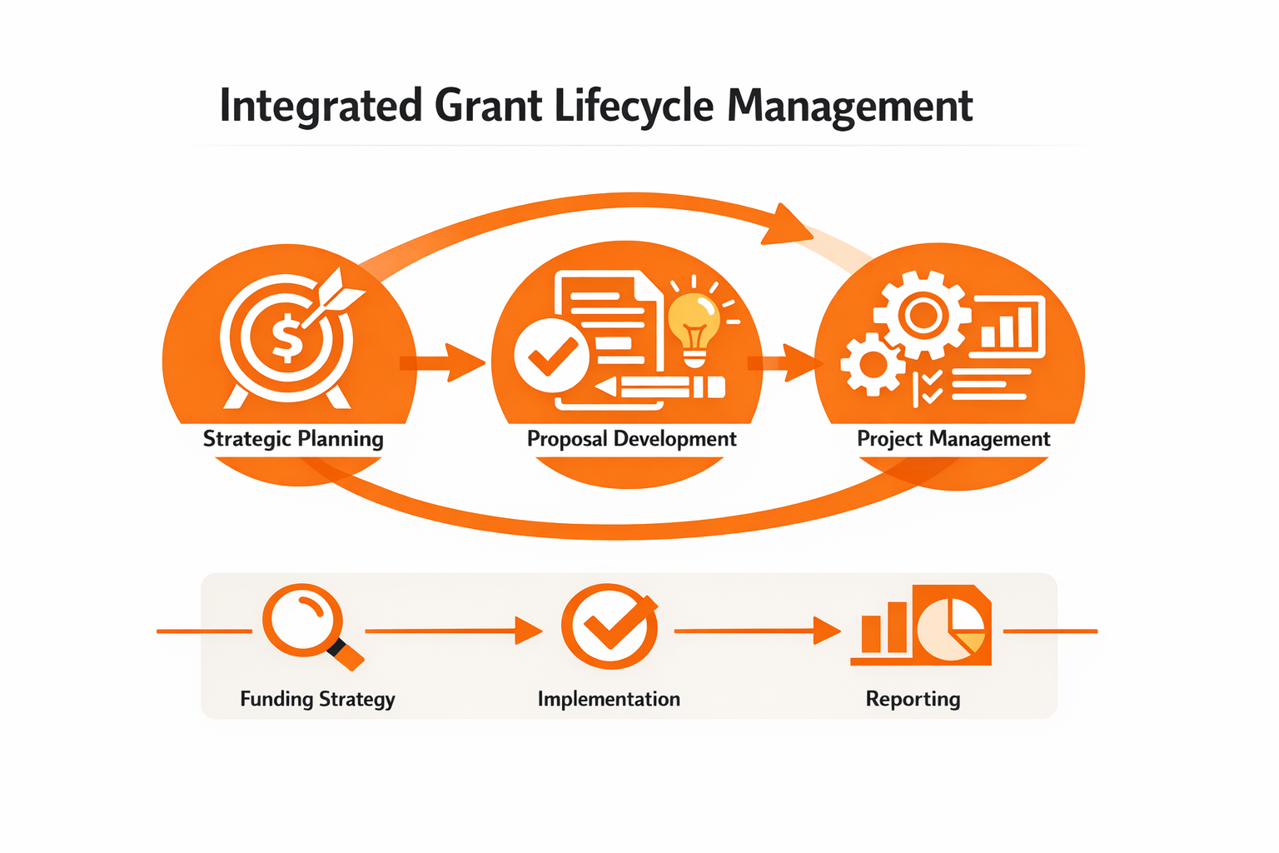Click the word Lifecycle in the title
click(634, 107)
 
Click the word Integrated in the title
click(321, 107)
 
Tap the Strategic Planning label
click(293, 439)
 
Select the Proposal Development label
click(631, 439)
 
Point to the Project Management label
click(953, 439)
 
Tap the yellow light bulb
click(694, 322)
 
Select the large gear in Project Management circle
click(923, 316)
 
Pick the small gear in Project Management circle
click(872, 364)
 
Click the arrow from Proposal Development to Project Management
click(783, 362)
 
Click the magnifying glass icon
click(305, 621)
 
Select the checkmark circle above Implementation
click(610, 626)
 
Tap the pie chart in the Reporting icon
click(952, 629)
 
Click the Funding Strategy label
click(317, 699)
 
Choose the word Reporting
click(913, 699)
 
